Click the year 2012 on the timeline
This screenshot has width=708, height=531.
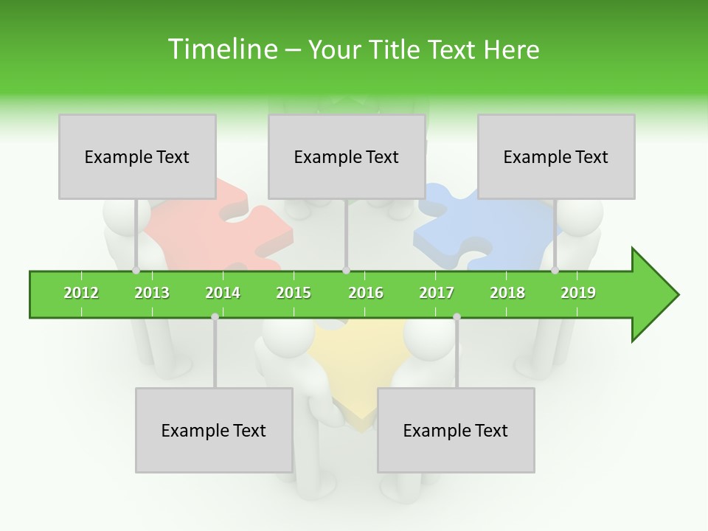pyautogui.click(x=81, y=293)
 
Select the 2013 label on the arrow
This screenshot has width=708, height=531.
pyautogui.click(x=152, y=293)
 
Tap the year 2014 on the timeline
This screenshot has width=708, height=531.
pyautogui.click(x=223, y=293)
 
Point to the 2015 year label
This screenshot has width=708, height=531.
pyautogui.click(x=294, y=293)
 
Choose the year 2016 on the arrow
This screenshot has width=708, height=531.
pyautogui.click(x=366, y=293)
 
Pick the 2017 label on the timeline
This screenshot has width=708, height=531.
pyautogui.click(x=437, y=293)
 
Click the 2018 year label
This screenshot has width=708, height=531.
pyautogui.click(x=507, y=293)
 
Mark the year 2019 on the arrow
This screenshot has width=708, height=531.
pyautogui.click(x=578, y=293)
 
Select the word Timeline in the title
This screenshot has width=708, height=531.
pyautogui.click(x=221, y=49)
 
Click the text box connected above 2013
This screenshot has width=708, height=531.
pyautogui.click(x=137, y=156)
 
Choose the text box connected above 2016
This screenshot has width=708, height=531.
pyautogui.click(x=347, y=156)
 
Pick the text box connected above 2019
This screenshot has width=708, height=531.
pyautogui.click(x=556, y=156)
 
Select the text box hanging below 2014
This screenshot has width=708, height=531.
pyautogui.click(x=214, y=430)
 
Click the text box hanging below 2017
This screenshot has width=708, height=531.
pyautogui.click(x=456, y=430)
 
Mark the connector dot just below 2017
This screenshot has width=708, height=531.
pyautogui.click(x=457, y=316)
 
